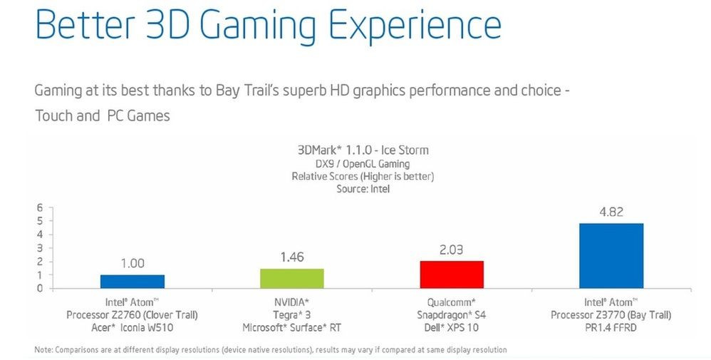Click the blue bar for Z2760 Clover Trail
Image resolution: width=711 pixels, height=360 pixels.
point(132,281)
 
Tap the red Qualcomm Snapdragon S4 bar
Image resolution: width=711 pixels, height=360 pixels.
point(452,274)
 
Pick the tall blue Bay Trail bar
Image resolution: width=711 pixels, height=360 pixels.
point(611,256)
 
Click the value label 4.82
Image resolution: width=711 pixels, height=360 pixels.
point(611,212)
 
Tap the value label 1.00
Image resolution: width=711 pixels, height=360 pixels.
point(132,264)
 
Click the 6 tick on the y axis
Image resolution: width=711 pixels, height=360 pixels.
point(40,207)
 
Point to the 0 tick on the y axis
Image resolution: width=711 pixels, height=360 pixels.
point(40,288)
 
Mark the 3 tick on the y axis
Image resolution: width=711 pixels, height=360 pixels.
point(40,247)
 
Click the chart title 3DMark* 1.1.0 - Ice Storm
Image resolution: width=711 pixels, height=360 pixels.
point(363,150)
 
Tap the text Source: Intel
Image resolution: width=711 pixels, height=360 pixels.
point(363,189)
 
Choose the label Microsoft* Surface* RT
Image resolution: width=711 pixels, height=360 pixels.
point(291,327)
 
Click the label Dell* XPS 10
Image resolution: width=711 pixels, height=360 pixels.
point(452,327)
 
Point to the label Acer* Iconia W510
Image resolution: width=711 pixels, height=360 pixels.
point(132,327)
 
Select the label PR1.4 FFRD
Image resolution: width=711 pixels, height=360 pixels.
point(611,327)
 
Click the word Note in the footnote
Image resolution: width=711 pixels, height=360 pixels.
point(43,349)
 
